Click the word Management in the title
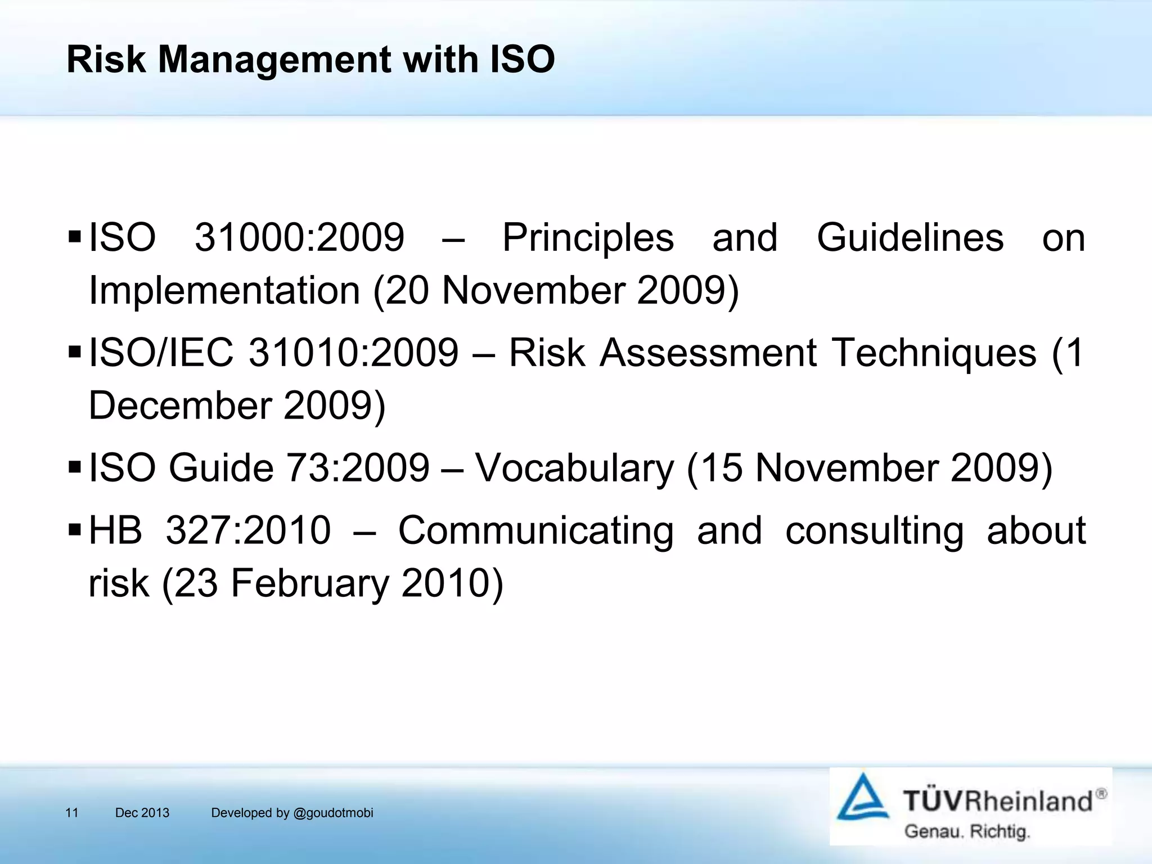(x=274, y=60)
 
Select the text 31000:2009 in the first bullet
(x=299, y=238)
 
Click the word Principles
(x=588, y=238)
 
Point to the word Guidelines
(x=910, y=238)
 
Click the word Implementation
(x=224, y=291)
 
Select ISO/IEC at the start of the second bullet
(x=161, y=353)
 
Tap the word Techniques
(x=934, y=353)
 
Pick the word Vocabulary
(x=574, y=468)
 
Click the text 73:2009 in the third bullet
(x=358, y=468)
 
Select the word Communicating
(x=535, y=530)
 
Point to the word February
(x=309, y=583)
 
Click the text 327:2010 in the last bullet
(x=248, y=530)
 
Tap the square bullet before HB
(x=75, y=529)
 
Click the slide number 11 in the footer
(x=72, y=813)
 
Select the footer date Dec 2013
(x=142, y=813)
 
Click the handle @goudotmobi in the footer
(x=333, y=813)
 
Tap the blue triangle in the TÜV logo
(x=862, y=798)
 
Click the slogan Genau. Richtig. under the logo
(x=966, y=831)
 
